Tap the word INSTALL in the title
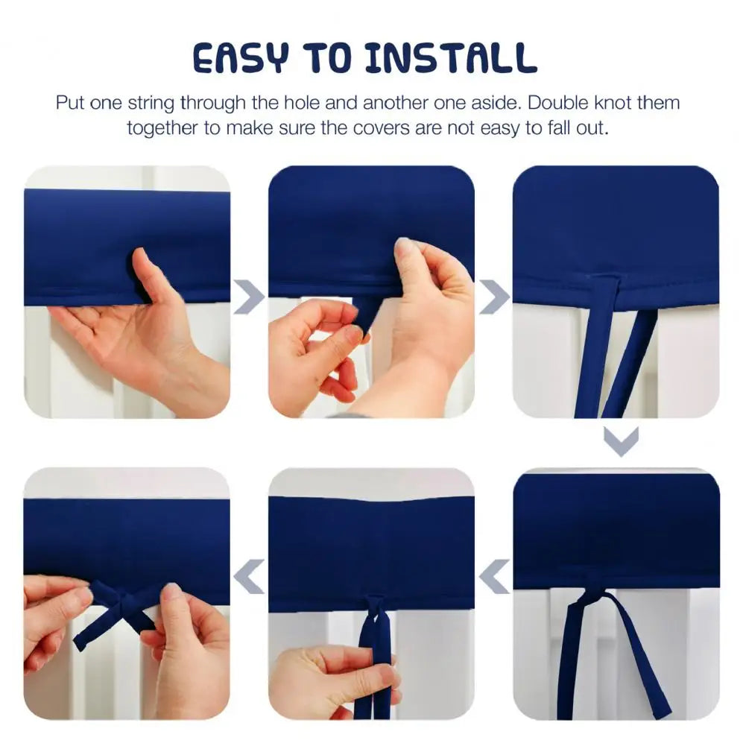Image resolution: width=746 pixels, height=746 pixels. click(x=451, y=58)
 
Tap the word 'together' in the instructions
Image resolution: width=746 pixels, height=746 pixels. click(x=162, y=128)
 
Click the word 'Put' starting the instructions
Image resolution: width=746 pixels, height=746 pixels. click(x=69, y=103)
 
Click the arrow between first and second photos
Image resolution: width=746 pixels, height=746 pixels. click(x=250, y=297)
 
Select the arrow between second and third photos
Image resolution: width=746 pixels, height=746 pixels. click(x=494, y=297)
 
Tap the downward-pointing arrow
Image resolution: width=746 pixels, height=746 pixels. click(x=621, y=441)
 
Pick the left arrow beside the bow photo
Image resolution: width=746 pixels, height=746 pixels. click(x=249, y=576)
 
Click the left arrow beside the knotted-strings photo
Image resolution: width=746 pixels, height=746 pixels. click(x=494, y=576)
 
